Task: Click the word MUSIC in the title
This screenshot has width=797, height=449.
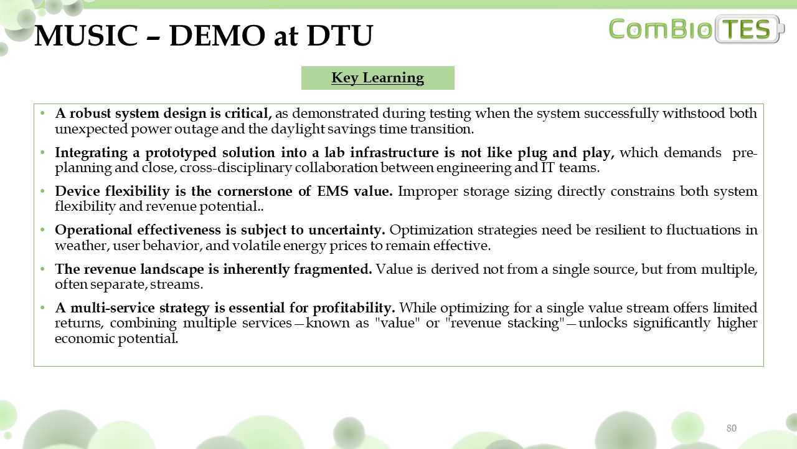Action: [86, 36]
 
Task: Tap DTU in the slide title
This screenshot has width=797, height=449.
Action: [340, 36]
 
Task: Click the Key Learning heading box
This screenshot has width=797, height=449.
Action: [377, 78]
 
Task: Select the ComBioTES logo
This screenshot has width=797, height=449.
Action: [696, 29]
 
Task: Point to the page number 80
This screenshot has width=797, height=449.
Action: [731, 428]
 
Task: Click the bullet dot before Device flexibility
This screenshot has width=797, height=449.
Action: [43, 191]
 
